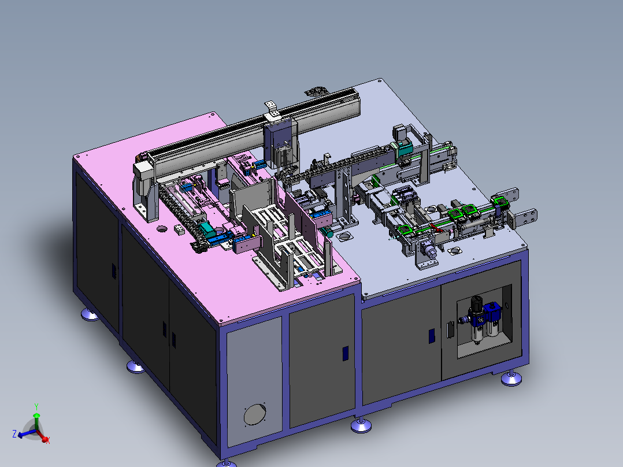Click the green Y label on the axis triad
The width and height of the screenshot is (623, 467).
[36, 406]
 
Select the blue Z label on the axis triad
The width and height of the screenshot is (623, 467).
[14, 433]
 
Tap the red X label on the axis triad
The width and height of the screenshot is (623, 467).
[47, 440]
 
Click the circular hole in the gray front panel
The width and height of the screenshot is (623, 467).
[255, 414]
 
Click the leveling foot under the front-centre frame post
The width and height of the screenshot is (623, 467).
[361, 425]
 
